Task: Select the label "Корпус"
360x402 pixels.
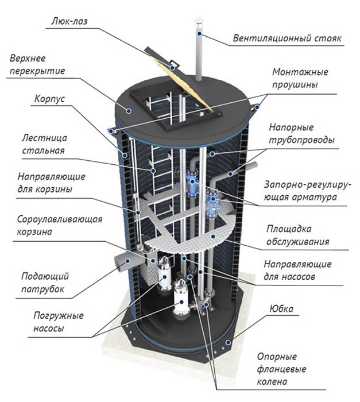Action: pyautogui.click(x=51, y=98)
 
